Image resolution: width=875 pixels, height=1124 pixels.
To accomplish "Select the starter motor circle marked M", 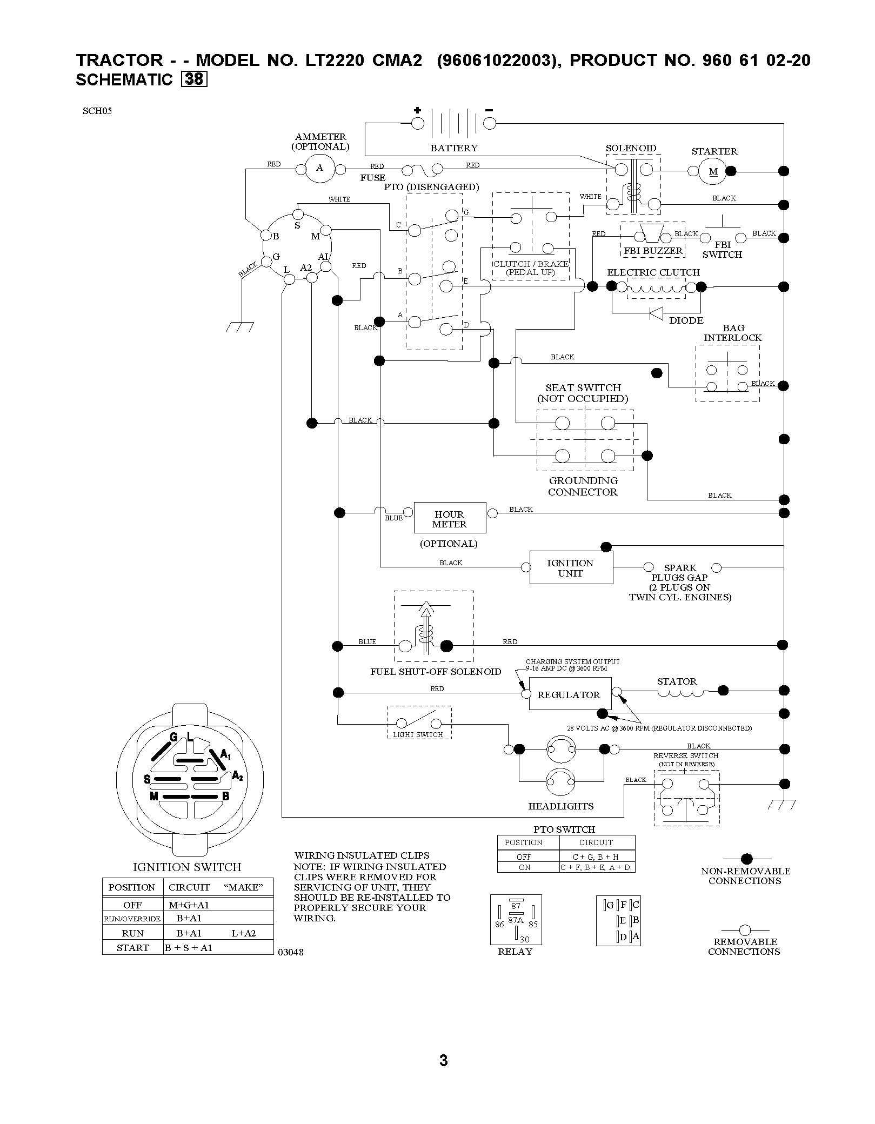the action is [x=713, y=172].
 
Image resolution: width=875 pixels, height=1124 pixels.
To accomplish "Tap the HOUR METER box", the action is [x=450, y=518].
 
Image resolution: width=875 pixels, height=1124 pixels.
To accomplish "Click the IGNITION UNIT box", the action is [x=571, y=567].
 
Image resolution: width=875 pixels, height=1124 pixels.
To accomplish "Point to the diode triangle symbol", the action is [x=656, y=313].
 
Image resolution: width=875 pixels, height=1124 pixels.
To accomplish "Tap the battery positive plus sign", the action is [x=417, y=110].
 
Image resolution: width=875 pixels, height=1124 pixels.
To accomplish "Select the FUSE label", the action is [x=373, y=178].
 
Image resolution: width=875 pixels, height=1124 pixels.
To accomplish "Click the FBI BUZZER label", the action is [x=653, y=251].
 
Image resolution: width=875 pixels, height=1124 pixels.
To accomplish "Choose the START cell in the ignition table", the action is [x=133, y=948].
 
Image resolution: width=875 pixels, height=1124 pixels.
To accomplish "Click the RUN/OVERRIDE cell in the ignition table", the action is [x=133, y=919].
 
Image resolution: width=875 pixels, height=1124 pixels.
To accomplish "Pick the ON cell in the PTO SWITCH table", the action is [x=524, y=867].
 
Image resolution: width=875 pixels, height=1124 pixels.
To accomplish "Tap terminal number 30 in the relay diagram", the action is [x=524, y=940].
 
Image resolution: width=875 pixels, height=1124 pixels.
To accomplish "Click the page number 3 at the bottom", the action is [x=444, y=1061].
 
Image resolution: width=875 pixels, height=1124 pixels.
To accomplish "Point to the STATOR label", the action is [x=677, y=681].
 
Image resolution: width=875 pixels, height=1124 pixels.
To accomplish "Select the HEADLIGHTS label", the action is [x=561, y=806].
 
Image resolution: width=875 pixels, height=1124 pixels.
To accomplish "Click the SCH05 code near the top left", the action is [x=97, y=112].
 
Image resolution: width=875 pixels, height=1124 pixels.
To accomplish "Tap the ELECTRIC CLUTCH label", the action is [x=653, y=272].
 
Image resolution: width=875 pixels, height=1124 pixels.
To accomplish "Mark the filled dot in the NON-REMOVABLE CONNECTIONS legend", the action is [x=746, y=859].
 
